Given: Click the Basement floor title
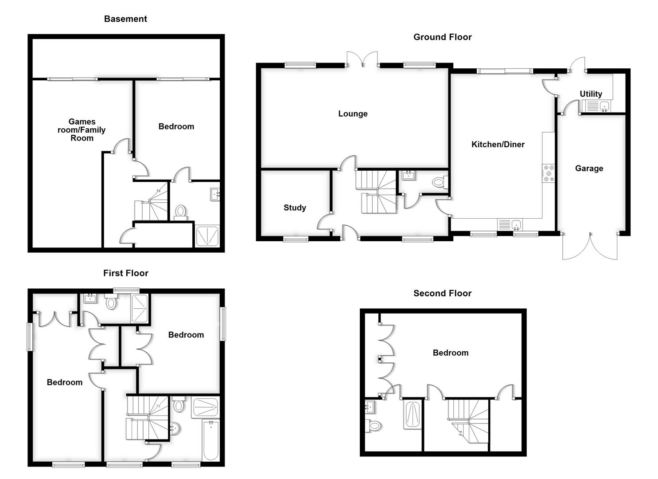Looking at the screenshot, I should coord(125,19).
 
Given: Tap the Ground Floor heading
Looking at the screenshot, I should coord(442,37).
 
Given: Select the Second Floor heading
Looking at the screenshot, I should coord(442,293).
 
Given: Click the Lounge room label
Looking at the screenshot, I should coord(353,114).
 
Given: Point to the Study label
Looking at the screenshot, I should coord(295,208).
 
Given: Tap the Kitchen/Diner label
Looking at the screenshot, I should coord(498,144).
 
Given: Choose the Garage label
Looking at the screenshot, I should coord(589,168).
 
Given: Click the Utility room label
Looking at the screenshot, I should coord(591,94).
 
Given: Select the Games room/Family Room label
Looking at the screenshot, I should coord(82,130).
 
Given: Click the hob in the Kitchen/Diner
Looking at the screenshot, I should coord(548,173).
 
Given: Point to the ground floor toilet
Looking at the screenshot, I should coord(439,182).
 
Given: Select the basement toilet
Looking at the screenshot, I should coord(180,211).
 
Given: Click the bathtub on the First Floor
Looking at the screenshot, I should coord(210,440).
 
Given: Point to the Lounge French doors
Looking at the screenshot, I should coord(362,59).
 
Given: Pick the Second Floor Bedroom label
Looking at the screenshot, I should coord(450,353).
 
